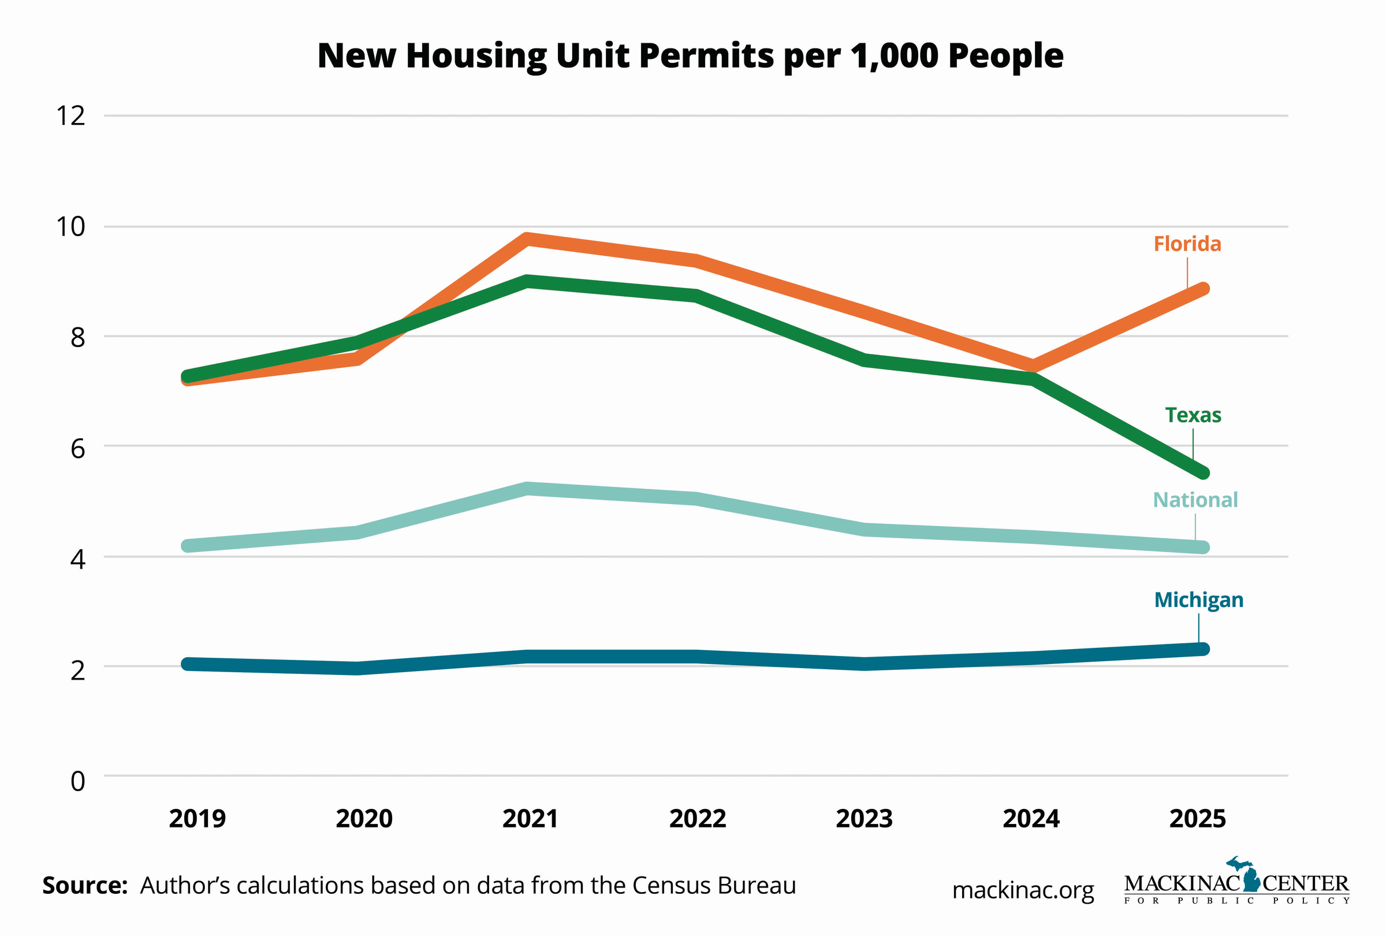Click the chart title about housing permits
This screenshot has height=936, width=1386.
[690, 56]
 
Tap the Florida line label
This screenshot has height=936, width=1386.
[1187, 244]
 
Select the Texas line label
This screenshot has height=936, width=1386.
[1193, 415]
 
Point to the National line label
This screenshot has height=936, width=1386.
[1195, 499]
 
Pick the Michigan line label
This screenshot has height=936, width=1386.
[1199, 600]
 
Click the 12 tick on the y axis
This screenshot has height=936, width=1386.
[70, 115]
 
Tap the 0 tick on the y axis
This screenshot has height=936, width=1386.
[77, 781]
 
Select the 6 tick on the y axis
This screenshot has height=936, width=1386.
[77, 448]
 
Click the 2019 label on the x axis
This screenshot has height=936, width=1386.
[197, 819]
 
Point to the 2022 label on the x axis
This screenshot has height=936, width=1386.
[697, 819]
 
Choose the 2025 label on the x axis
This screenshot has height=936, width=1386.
[1198, 819]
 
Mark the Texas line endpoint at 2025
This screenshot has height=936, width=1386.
[1202, 473]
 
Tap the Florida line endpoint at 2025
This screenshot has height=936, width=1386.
[1202, 289]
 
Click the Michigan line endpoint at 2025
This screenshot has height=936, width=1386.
[1202, 648]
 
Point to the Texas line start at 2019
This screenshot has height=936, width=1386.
[188, 376]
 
